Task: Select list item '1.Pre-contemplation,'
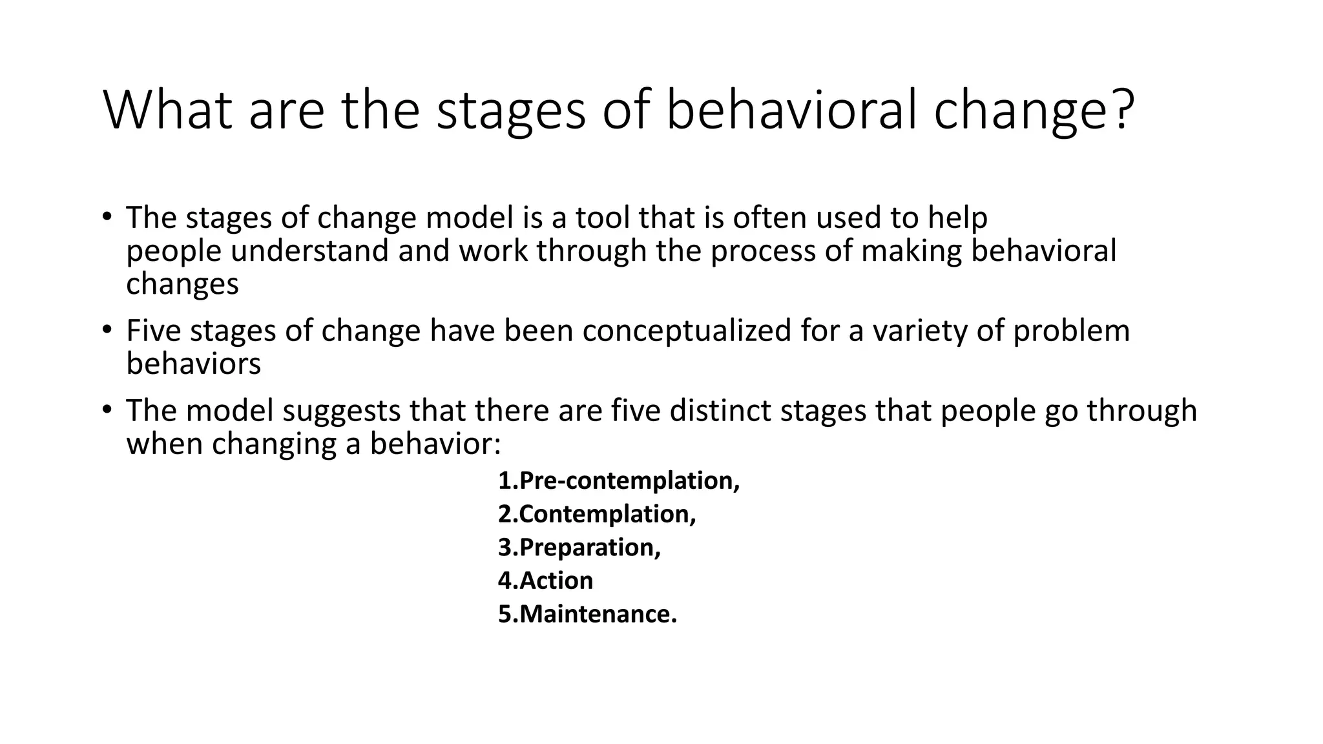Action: [x=618, y=480]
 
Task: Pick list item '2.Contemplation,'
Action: [x=597, y=514]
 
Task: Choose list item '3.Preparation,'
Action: [x=579, y=547]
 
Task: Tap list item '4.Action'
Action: [x=545, y=581]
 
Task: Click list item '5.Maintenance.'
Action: [x=587, y=614]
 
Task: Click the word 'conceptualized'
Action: [x=687, y=331]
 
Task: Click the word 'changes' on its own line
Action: [x=182, y=284]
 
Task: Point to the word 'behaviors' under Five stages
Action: [x=193, y=364]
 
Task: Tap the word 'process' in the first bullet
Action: [x=763, y=251]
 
